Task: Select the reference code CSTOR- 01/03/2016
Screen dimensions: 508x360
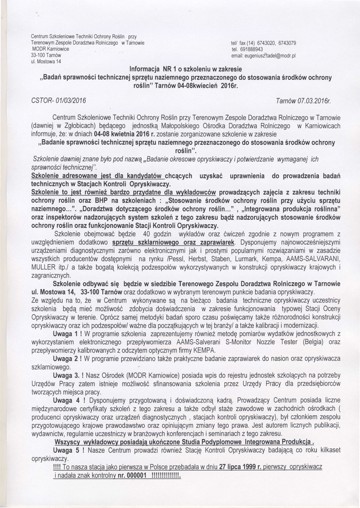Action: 58,101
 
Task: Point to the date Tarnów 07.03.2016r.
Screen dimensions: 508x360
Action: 303,101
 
